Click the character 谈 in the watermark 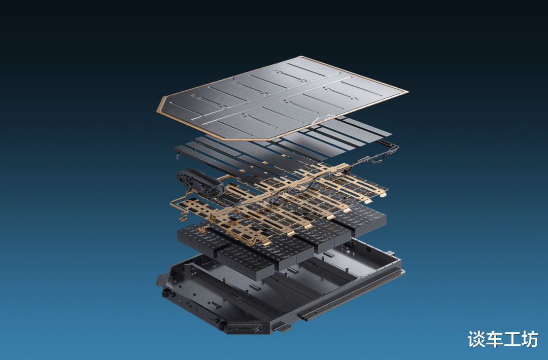tap(476, 339)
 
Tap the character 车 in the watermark tap(494, 339)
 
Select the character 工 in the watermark tap(511, 339)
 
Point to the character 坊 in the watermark tap(529, 339)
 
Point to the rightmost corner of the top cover tap(407, 92)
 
